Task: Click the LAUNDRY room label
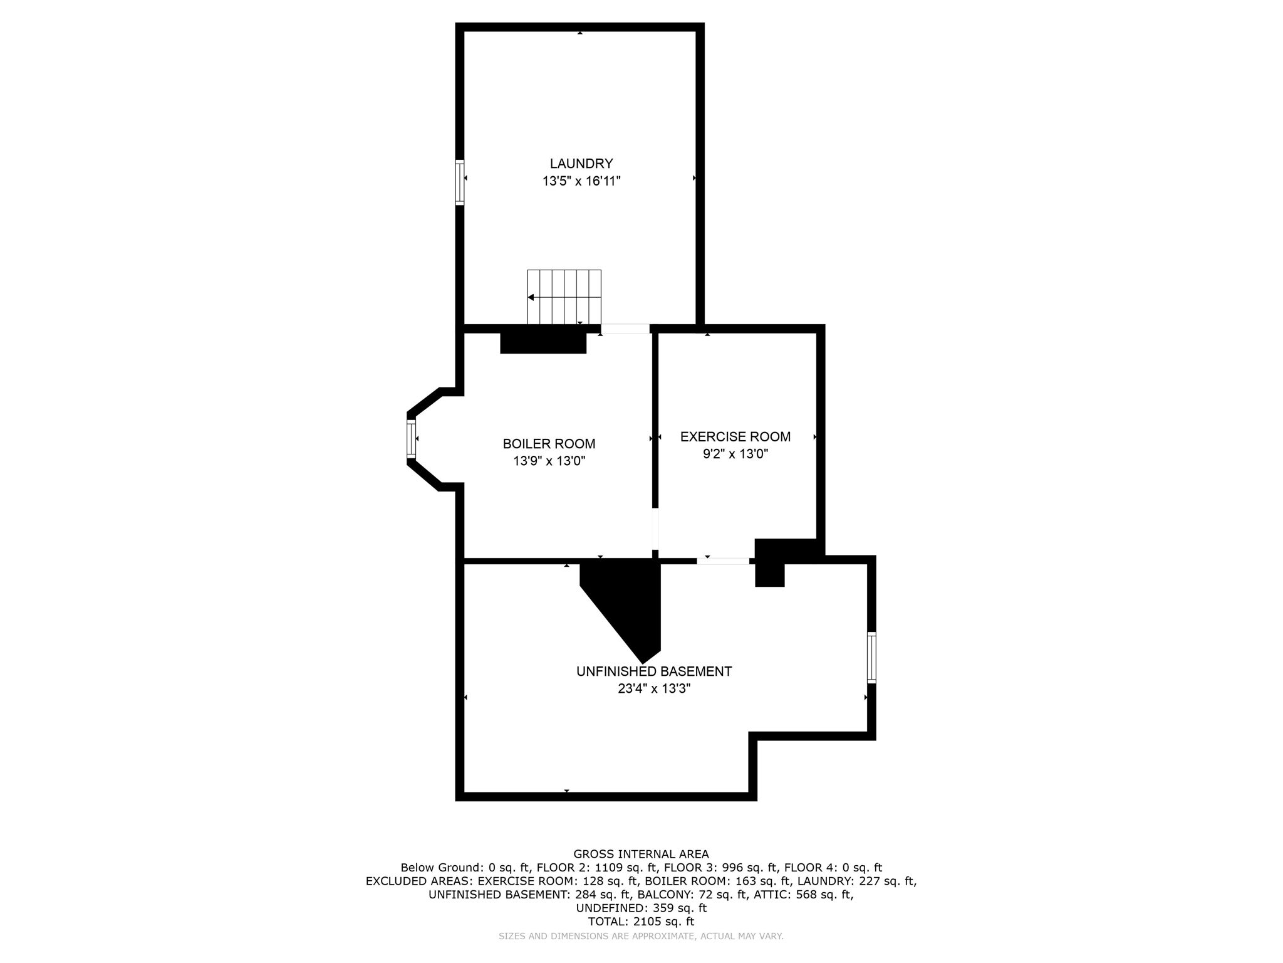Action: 581,164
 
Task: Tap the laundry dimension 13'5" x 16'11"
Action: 581,181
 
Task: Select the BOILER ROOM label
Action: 549,444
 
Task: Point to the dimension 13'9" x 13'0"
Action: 549,461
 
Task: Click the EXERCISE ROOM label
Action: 735,436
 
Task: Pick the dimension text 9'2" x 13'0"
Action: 735,454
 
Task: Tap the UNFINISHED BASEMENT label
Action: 654,671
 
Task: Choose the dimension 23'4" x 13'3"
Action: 654,688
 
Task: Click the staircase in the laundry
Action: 564,297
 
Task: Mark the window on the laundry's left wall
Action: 460,182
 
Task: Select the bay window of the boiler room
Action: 412,439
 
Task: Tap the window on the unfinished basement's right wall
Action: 871,657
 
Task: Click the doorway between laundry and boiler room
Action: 625,329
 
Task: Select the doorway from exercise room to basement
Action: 723,560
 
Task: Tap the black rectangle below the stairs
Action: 543,342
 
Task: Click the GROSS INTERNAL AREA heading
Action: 641,854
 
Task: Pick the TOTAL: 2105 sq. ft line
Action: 641,922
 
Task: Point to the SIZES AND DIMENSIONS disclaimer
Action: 641,937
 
